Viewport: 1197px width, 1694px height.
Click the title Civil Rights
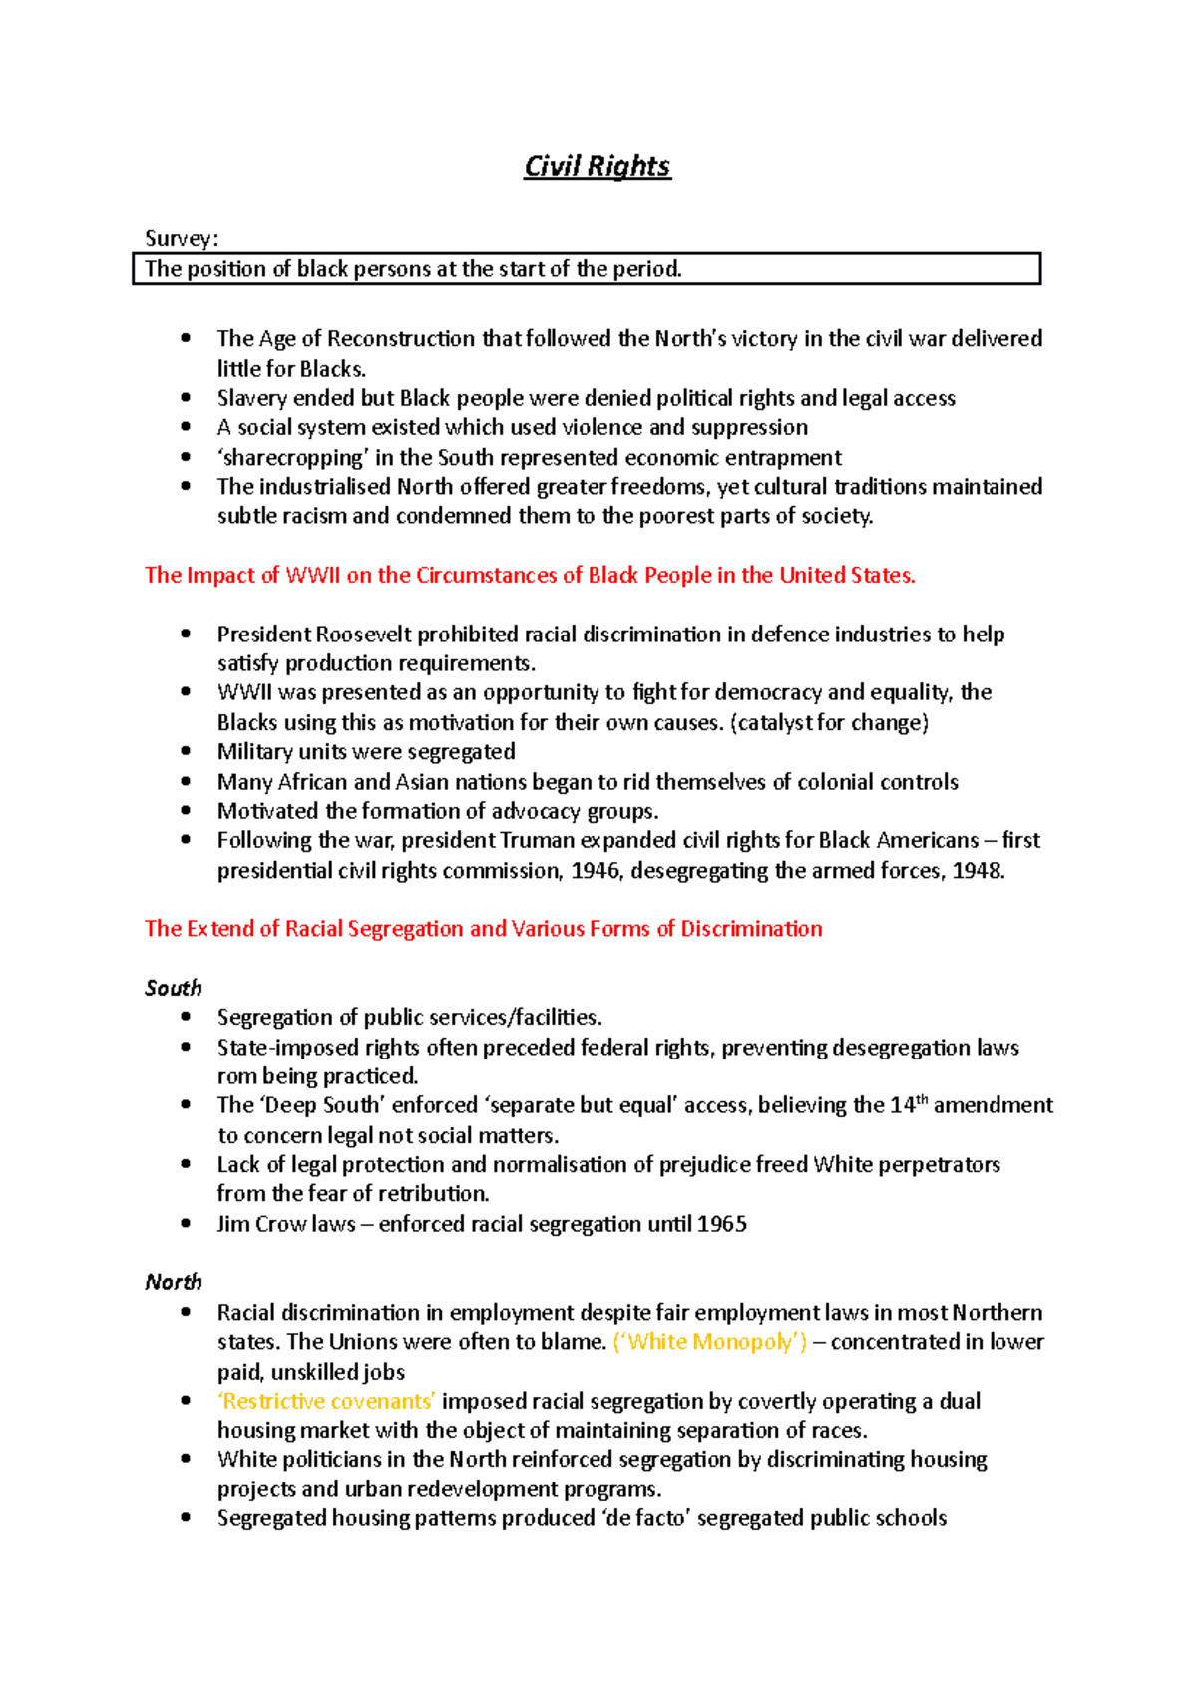(x=598, y=166)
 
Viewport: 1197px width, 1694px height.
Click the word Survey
(x=179, y=238)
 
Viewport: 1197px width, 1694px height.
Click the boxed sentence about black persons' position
(x=413, y=269)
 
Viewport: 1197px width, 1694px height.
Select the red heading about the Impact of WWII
(x=530, y=576)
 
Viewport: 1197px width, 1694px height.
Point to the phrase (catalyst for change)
(x=830, y=722)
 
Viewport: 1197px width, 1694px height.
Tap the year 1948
(x=977, y=871)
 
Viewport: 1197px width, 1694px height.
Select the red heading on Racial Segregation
(x=483, y=929)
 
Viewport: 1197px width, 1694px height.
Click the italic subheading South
(x=173, y=988)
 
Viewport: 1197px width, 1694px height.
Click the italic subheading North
(x=173, y=1282)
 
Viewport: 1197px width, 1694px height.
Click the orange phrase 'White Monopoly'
(x=710, y=1342)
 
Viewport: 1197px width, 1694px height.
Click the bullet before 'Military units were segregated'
(x=186, y=751)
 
